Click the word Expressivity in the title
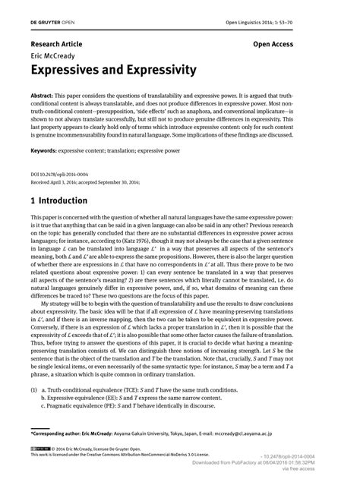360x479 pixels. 156,71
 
